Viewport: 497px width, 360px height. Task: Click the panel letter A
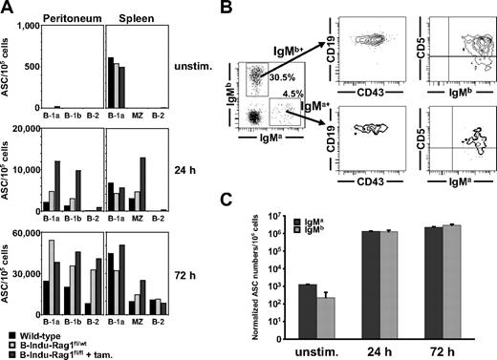[x=7, y=8]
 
